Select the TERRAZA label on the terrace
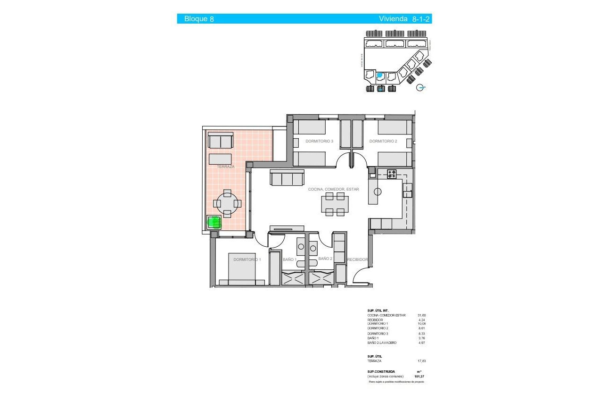(225, 167)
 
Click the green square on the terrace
(214, 222)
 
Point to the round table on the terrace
(227, 203)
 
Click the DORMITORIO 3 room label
(319, 141)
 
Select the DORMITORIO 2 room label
(383, 141)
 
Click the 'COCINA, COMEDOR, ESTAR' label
(333, 189)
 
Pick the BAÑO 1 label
(289, 259)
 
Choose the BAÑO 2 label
(325, 259)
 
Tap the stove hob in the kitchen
(392, 174)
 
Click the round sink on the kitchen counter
(378, 192)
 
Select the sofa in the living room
(287, 178)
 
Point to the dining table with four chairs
(336, 204)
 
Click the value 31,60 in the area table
(421, 315)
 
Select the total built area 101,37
(419, 376)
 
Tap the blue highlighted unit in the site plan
(380, 75)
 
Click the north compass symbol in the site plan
(422, 87)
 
